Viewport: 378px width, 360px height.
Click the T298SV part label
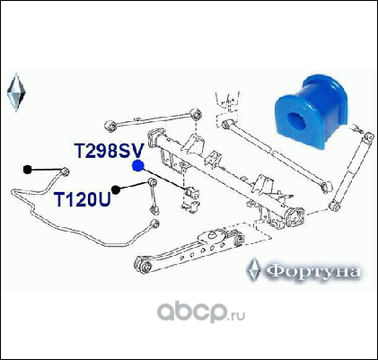(110, 151)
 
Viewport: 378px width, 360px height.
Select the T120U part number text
(83, 199)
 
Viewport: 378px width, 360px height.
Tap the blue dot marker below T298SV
(138, 166)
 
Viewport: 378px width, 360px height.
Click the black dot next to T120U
(116, 189)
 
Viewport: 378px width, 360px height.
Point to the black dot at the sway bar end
(27, 170)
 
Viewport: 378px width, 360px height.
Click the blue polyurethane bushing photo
(311, 111)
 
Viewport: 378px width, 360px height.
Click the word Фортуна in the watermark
(313, 271)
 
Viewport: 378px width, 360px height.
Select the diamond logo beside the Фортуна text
(254, 269)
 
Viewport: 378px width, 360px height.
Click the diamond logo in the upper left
(16, 92)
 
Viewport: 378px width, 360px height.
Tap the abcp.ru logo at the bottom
(201, 312)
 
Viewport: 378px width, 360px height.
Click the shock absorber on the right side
(351, 171)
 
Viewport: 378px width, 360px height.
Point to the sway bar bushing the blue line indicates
(192, 192)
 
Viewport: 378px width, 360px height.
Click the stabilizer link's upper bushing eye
(153, 181)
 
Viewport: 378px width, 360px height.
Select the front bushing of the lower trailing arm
(143, 264)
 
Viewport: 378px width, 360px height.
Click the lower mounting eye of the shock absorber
(334, 206)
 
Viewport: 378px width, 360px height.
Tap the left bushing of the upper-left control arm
(110, 126)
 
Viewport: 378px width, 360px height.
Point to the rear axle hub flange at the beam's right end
(294, 217)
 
